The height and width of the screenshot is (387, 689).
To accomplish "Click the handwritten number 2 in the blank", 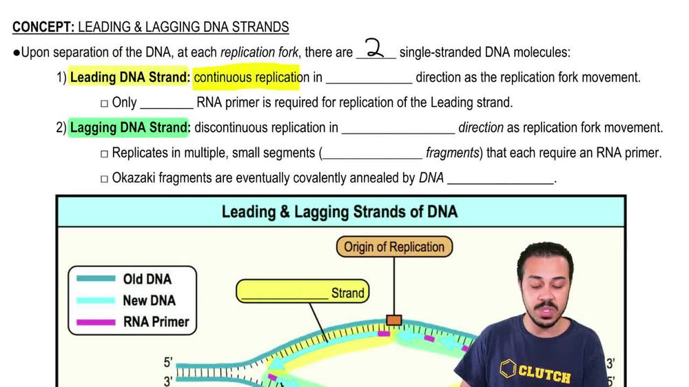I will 374,50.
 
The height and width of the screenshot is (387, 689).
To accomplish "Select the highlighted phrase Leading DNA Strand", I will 130,78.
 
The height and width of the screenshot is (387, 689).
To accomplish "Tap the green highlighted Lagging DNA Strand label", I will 130,128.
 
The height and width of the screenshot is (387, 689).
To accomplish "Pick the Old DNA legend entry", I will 147,279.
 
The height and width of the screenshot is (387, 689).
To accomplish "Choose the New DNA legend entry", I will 149,300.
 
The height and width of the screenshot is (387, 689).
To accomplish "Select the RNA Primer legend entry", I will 155,321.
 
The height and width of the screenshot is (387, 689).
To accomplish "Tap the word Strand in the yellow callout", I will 347,293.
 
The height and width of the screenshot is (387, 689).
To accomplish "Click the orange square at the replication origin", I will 394,320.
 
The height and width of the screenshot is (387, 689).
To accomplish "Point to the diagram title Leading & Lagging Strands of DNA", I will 339,211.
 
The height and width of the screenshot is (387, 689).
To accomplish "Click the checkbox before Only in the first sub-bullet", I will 104,103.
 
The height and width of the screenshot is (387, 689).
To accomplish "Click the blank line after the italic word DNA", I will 501,179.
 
